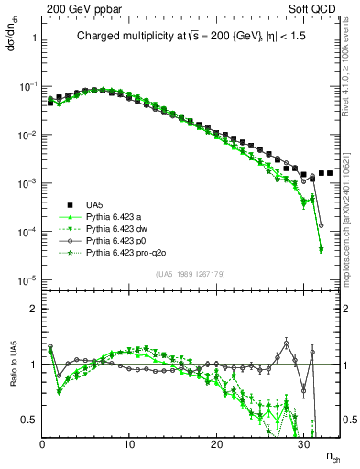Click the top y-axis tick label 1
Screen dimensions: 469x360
point(33,39)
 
